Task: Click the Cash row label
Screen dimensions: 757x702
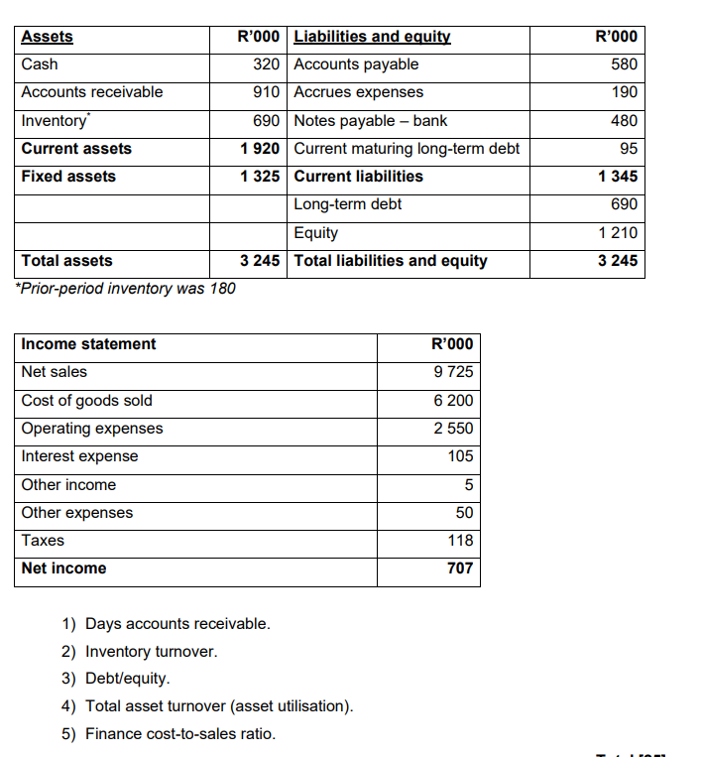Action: (x=40, y=64)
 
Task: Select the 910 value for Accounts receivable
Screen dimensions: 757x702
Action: (x=267, y=92)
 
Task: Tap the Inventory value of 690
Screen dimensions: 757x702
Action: (x=267, y=121)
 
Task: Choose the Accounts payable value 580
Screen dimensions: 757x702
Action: (x=624, y=64)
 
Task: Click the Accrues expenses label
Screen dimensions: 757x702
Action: (x=358, y=92)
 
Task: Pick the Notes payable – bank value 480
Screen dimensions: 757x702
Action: (x=624, y=121)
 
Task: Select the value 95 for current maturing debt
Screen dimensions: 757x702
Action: (x=629, y=149)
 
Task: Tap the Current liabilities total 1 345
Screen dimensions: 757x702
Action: (x=618, y=177)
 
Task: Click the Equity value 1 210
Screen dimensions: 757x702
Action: (x=618, y=233)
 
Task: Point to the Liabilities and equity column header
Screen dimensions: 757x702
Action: (x=372, y=37)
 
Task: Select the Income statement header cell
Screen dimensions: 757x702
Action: (x=88, y=344)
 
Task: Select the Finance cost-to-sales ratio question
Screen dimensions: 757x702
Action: (x=179, y=734)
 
